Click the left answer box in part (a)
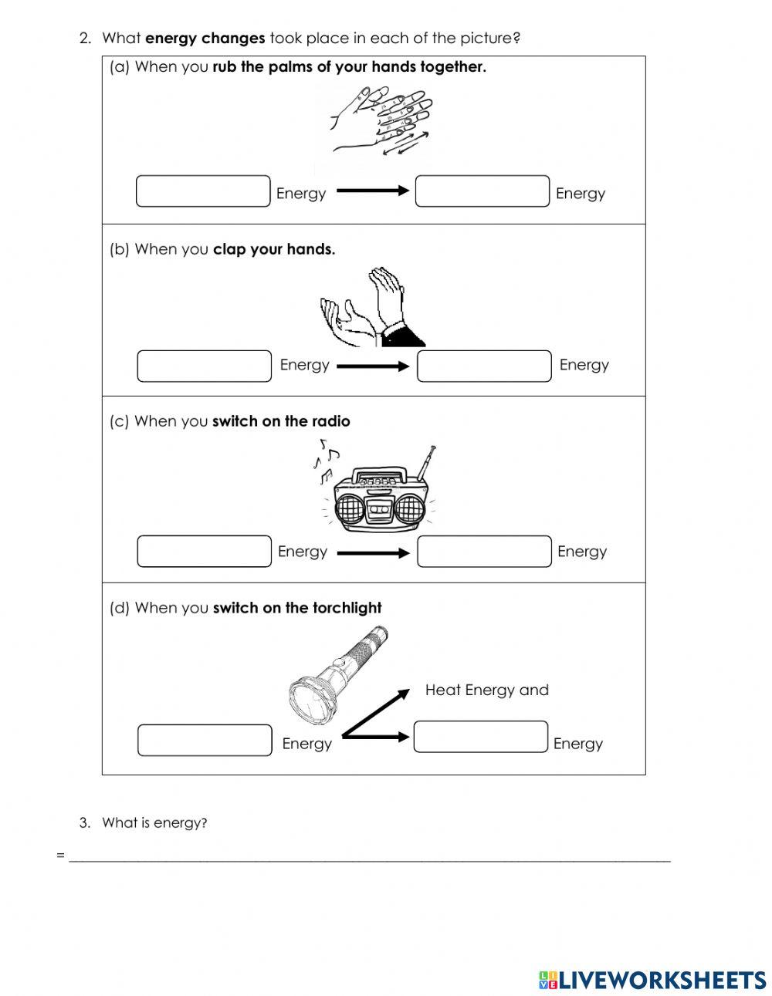point(203,191)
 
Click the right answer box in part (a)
point(482,191)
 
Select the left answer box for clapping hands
point(205,366)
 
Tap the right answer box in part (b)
point(484,366)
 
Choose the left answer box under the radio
point(205,552)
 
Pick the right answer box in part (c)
point(484,552)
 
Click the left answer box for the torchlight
point(205,740)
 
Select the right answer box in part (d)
point(480,737)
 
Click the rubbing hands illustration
point(382,120)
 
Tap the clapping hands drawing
point(371,309)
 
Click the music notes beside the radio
point(325,459)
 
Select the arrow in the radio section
point(373,552)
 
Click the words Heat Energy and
point(486,690)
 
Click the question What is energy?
point(154,822)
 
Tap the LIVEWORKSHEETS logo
point(652,980)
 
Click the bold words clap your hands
point(274,249)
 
